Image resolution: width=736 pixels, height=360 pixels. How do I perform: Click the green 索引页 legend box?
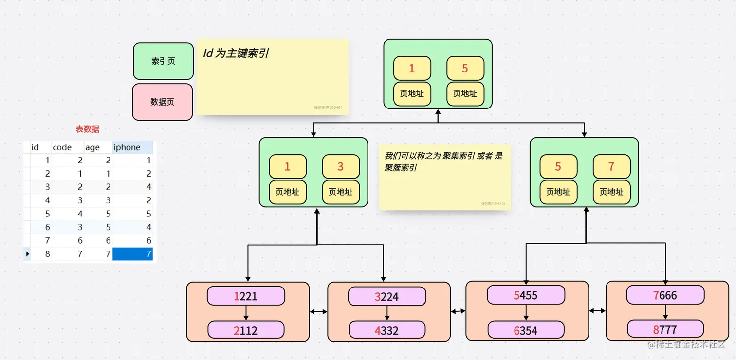[163, 61]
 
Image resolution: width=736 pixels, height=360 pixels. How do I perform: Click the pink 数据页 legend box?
[163, 102]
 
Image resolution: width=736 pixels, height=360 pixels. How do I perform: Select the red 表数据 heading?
[88, 129]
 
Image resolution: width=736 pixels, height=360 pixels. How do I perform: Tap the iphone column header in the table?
[127, 147]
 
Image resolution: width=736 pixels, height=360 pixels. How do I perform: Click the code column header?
[62, 147]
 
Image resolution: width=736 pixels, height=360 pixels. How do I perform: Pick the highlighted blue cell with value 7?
[132, 253]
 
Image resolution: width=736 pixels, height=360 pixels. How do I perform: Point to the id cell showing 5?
[47, 214]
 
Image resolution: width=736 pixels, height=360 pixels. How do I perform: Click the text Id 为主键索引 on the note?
[236, 54]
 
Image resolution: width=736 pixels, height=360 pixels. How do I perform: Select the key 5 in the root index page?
[465, 69]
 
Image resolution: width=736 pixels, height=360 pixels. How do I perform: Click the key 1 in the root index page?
[412, 69]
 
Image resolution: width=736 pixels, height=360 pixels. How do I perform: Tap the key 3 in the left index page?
[340, 167]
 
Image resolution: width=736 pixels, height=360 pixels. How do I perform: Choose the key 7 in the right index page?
[611, 167]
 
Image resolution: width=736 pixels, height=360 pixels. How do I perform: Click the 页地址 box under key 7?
[611, 192]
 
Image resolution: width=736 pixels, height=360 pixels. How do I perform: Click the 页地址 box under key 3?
[340, 192]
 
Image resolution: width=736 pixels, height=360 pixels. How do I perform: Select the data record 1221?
[246, 296]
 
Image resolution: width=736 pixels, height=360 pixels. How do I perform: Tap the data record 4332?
[387, 330]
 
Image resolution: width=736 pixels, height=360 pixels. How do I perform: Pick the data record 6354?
[526, 330]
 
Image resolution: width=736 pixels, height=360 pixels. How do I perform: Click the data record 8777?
[665, 329]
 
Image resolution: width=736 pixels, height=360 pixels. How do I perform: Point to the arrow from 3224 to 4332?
[387, 313]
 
